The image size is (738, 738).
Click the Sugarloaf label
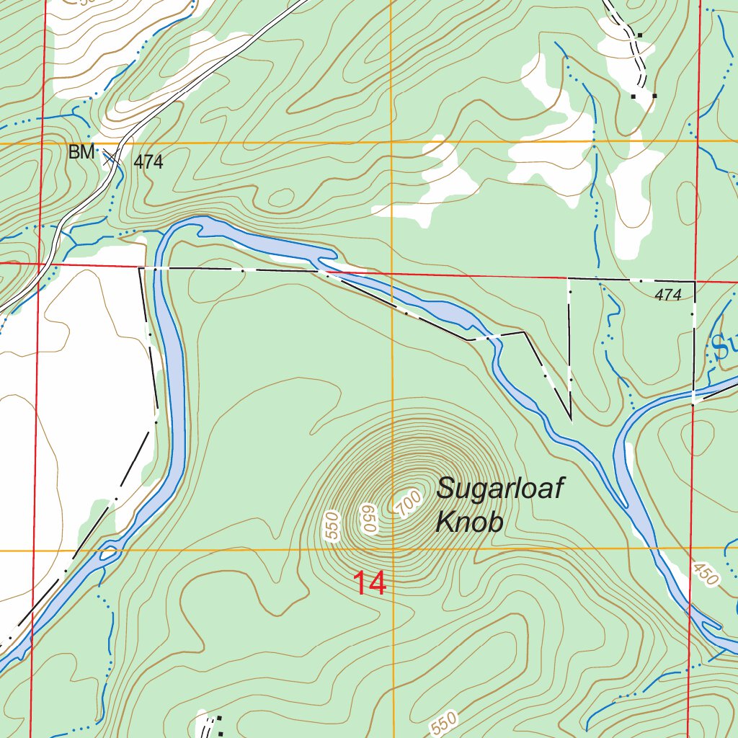[499, 489]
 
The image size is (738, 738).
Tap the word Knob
[468, 523]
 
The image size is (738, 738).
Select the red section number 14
[370, 584]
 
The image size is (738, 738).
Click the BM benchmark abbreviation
[81, 153]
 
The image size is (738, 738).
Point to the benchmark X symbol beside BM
[111, 158]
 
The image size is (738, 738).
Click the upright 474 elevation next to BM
[148, 163]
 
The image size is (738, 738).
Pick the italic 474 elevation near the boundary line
[668, 295]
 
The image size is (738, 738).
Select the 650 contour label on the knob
[370, 519]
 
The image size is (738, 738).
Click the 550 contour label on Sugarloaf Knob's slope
[332, 530]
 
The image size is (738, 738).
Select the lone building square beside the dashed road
[639, 35]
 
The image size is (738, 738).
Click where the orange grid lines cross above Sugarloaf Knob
[391, 143]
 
